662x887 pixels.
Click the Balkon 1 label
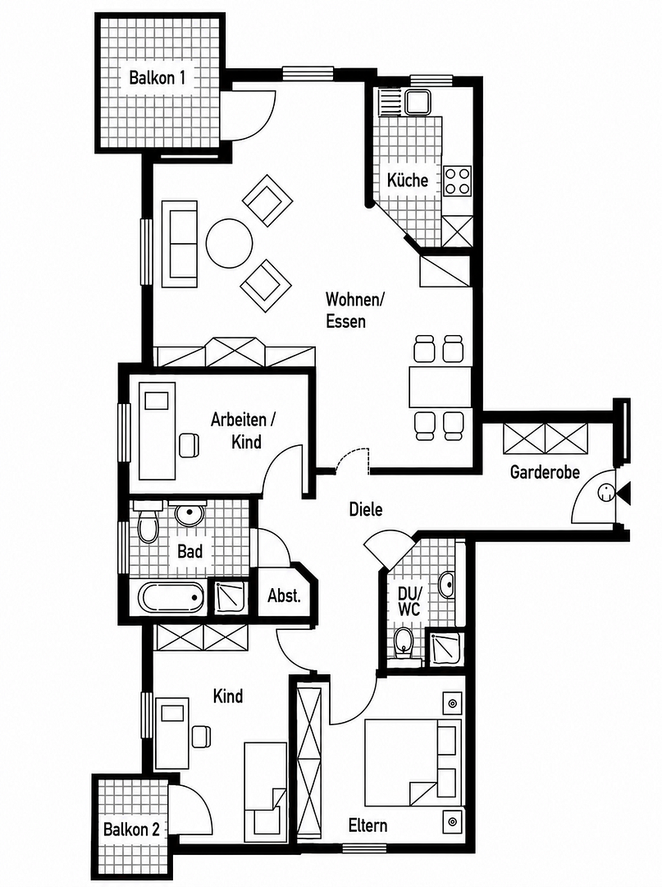point(157,77)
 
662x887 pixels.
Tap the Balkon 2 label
point(131,830)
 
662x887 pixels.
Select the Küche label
point(407,180)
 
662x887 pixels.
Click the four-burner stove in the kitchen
point(457,181)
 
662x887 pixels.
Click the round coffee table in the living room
point(229,242)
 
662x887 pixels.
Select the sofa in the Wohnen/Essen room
point(179,244)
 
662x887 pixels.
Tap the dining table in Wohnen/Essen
point(440,387)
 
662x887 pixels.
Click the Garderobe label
point(545,472)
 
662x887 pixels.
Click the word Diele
point(366,510)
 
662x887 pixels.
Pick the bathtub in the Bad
point(171,597)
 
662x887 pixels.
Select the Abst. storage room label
point(284,595)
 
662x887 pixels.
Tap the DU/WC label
point(409,601)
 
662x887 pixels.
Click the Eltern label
point(368,825)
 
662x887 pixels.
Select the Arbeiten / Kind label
point(244,430)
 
